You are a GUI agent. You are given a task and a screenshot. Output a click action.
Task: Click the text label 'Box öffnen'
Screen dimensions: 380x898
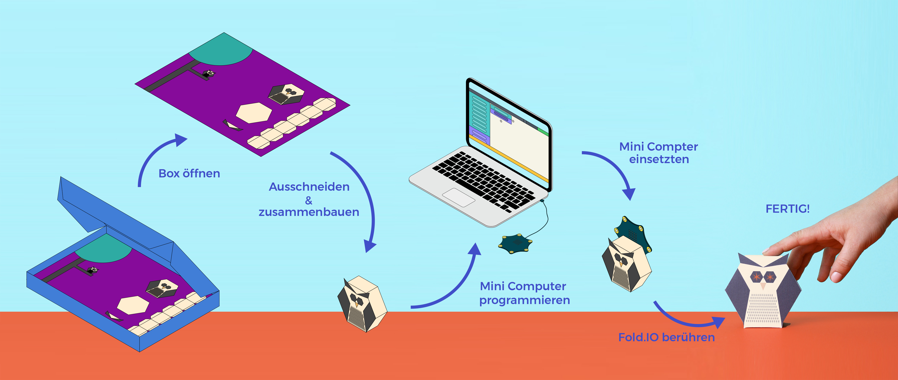189,173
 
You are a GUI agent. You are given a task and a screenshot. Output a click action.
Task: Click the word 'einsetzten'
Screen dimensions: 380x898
659,159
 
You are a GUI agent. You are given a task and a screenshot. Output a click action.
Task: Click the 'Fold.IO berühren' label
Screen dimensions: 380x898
666,337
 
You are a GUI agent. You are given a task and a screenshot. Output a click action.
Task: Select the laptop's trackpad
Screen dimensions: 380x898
459,198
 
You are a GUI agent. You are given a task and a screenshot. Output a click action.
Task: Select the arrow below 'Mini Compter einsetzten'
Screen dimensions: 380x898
614,171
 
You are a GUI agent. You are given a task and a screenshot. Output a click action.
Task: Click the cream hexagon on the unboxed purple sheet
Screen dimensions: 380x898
254,112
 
